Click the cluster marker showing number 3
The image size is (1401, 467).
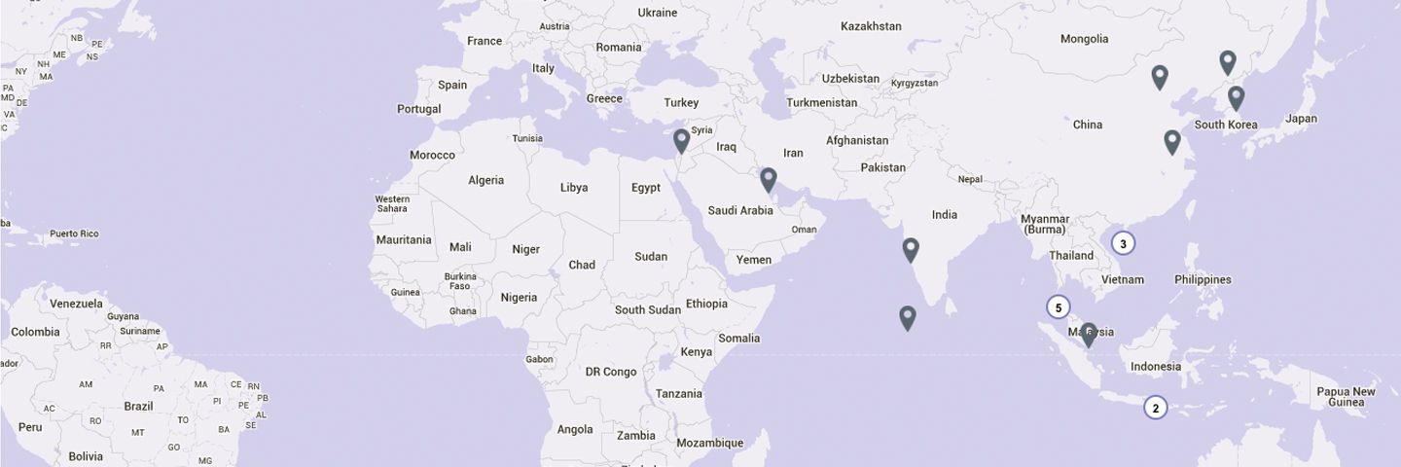(1123, 244)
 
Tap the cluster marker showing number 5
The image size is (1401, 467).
(1059, 307)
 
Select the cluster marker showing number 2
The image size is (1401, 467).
(1155, 408)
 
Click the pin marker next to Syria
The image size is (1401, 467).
(681, 141)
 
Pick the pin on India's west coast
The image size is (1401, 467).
(911, 249)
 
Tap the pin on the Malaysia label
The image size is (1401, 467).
(1089, 335)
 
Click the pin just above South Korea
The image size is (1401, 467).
(1236, 97)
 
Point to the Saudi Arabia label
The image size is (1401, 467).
(740, 210)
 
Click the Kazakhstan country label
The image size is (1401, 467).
(871, 26)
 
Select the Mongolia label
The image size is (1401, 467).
(1085, 39)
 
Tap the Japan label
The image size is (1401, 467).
(1301, 119)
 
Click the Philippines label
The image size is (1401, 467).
(1203, 279)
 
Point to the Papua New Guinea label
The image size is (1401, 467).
(1347, 397)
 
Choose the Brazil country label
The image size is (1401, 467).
(138, 406)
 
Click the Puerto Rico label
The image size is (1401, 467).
(74, 233)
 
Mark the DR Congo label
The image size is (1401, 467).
(611, 372)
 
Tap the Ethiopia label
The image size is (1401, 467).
(706, 304)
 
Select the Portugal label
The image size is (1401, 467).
(418, 109)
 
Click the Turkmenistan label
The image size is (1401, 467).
(822, 102)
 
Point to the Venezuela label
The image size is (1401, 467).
(76, 304)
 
